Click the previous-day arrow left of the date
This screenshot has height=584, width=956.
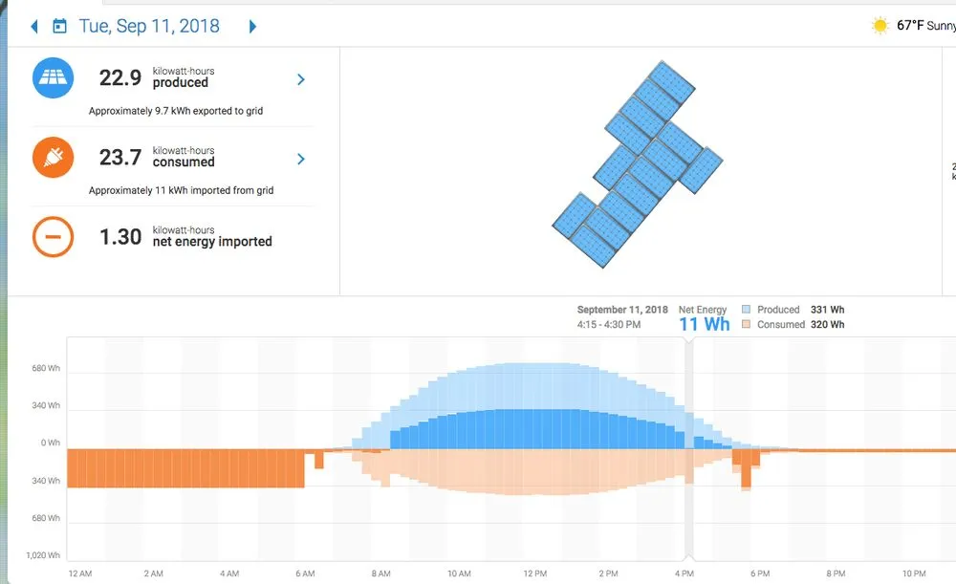[x=34, y=27]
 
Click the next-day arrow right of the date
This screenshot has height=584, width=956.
[x=252, y=27]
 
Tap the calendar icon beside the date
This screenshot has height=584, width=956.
[x=59, y=27]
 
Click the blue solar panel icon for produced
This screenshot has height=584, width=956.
[x=54, y=78]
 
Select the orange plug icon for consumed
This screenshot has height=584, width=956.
[x=54, y=158]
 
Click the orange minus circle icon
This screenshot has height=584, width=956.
[x=54, y=236]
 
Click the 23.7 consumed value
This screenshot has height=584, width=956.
[x=120, y=158]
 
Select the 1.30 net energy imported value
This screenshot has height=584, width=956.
[x=120, y=237]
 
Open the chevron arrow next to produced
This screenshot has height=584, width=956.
[x=301, y=79]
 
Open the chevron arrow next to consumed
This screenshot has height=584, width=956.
[x=301, y=159]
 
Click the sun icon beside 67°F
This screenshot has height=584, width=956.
[x=880, y=26]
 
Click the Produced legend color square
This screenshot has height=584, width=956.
[x=746, y=310]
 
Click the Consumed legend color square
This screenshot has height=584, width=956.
[x=746, y=325]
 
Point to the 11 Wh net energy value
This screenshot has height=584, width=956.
[x=704, y=324]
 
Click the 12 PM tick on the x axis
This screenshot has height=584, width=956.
[x=533, y=573]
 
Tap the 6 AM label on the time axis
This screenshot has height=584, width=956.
[x=305, y=573]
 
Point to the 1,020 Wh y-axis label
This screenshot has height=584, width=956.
[x=42, y=555]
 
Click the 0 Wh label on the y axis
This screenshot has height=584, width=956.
[x=50, y=443]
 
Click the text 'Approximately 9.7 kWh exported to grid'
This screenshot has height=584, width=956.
[x=176, y=111]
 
